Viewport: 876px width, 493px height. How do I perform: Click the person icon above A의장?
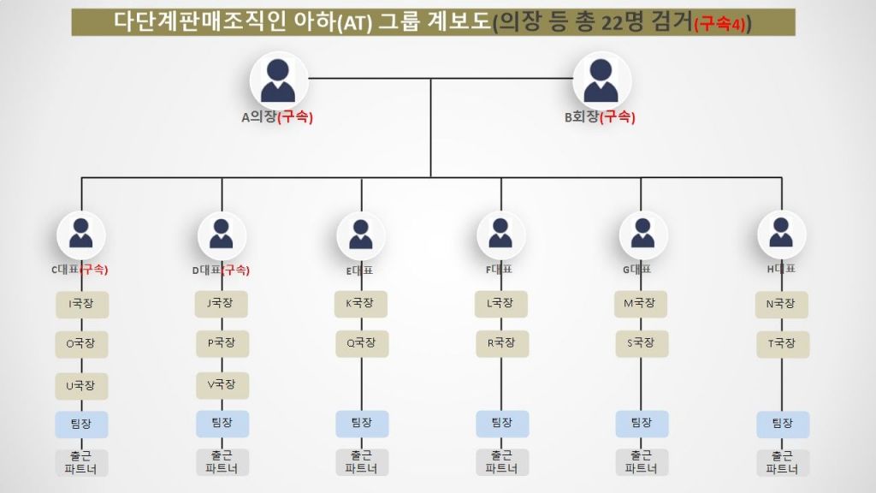click(278, 80)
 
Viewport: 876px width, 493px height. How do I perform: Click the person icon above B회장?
click(601, 80)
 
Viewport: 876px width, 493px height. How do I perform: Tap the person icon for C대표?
click(81, 234)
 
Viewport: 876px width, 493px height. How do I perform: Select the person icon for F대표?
click(501, 234)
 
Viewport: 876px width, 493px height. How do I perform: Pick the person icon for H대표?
click(781, 234)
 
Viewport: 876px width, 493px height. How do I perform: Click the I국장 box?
click(82, 304)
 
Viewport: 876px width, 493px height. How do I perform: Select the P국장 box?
click(222, 343)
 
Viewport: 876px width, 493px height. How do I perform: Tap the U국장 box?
click(82, 385)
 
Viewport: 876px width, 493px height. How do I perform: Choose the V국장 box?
click(222, 384)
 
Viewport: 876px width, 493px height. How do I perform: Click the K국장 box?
click(360, 303)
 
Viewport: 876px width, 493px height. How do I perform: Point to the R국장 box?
click(501, 343)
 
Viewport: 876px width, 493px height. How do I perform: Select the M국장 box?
click(641, 303)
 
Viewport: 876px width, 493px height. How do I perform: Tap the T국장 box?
click(782, 343)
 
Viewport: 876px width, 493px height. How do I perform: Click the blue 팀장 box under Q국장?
click(362, 423)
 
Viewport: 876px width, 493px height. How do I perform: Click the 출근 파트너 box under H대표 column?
click(782, 463)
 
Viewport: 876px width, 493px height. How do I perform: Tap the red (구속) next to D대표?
click(235, 270)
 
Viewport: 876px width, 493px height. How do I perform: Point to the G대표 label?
click(636, 270)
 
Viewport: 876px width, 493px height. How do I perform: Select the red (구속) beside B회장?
click(618, 118)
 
